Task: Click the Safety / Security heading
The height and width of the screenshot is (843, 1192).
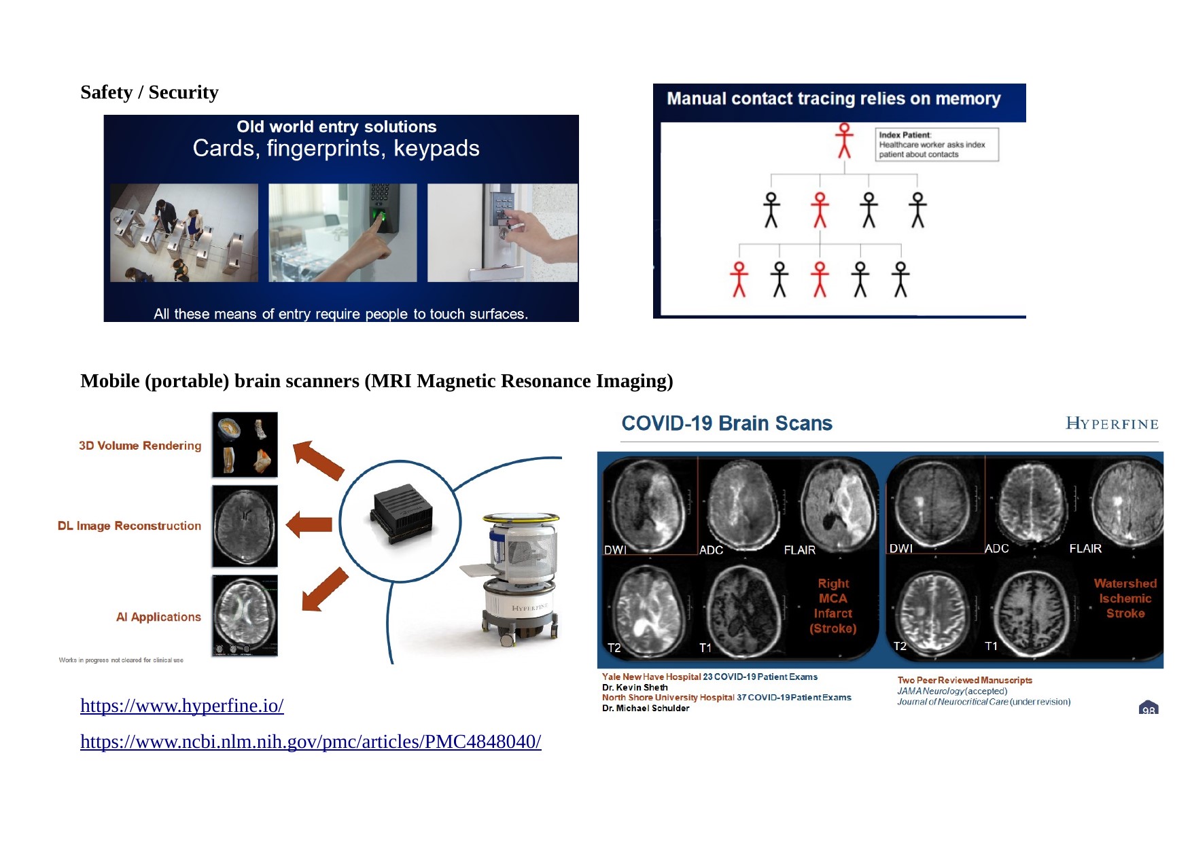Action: pos(150,92)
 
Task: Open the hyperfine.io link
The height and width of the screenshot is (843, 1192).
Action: pos(181,706)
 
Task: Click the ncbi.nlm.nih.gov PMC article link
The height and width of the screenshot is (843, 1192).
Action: pos(311,742)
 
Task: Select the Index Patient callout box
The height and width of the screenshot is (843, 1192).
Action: pos(936,145)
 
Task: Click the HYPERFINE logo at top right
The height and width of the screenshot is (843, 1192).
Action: pos(1112,424)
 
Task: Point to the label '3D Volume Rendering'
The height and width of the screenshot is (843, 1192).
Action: pos(140,446)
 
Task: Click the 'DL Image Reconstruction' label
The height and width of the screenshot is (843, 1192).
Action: pos(129,526)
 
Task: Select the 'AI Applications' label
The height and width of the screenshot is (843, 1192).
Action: pos(158,617)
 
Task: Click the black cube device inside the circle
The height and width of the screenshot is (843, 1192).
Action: pos(401,514)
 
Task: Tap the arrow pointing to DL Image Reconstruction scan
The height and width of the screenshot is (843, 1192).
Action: pos(309,524)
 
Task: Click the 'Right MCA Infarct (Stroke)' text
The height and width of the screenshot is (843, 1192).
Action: pos(833,606)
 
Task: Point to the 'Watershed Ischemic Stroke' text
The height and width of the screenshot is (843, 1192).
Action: pos(1125,598)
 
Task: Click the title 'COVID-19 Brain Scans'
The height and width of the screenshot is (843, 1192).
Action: pos(726,424)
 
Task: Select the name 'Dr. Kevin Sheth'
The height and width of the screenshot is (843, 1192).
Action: pos(635,687)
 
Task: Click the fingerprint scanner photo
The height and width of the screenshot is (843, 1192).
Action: pos(343,232)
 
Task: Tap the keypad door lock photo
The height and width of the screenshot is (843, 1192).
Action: pos(502,232)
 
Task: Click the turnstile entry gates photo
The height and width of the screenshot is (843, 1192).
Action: pos(184,232)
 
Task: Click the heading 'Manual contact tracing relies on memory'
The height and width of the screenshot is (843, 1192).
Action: pos(833,99)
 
